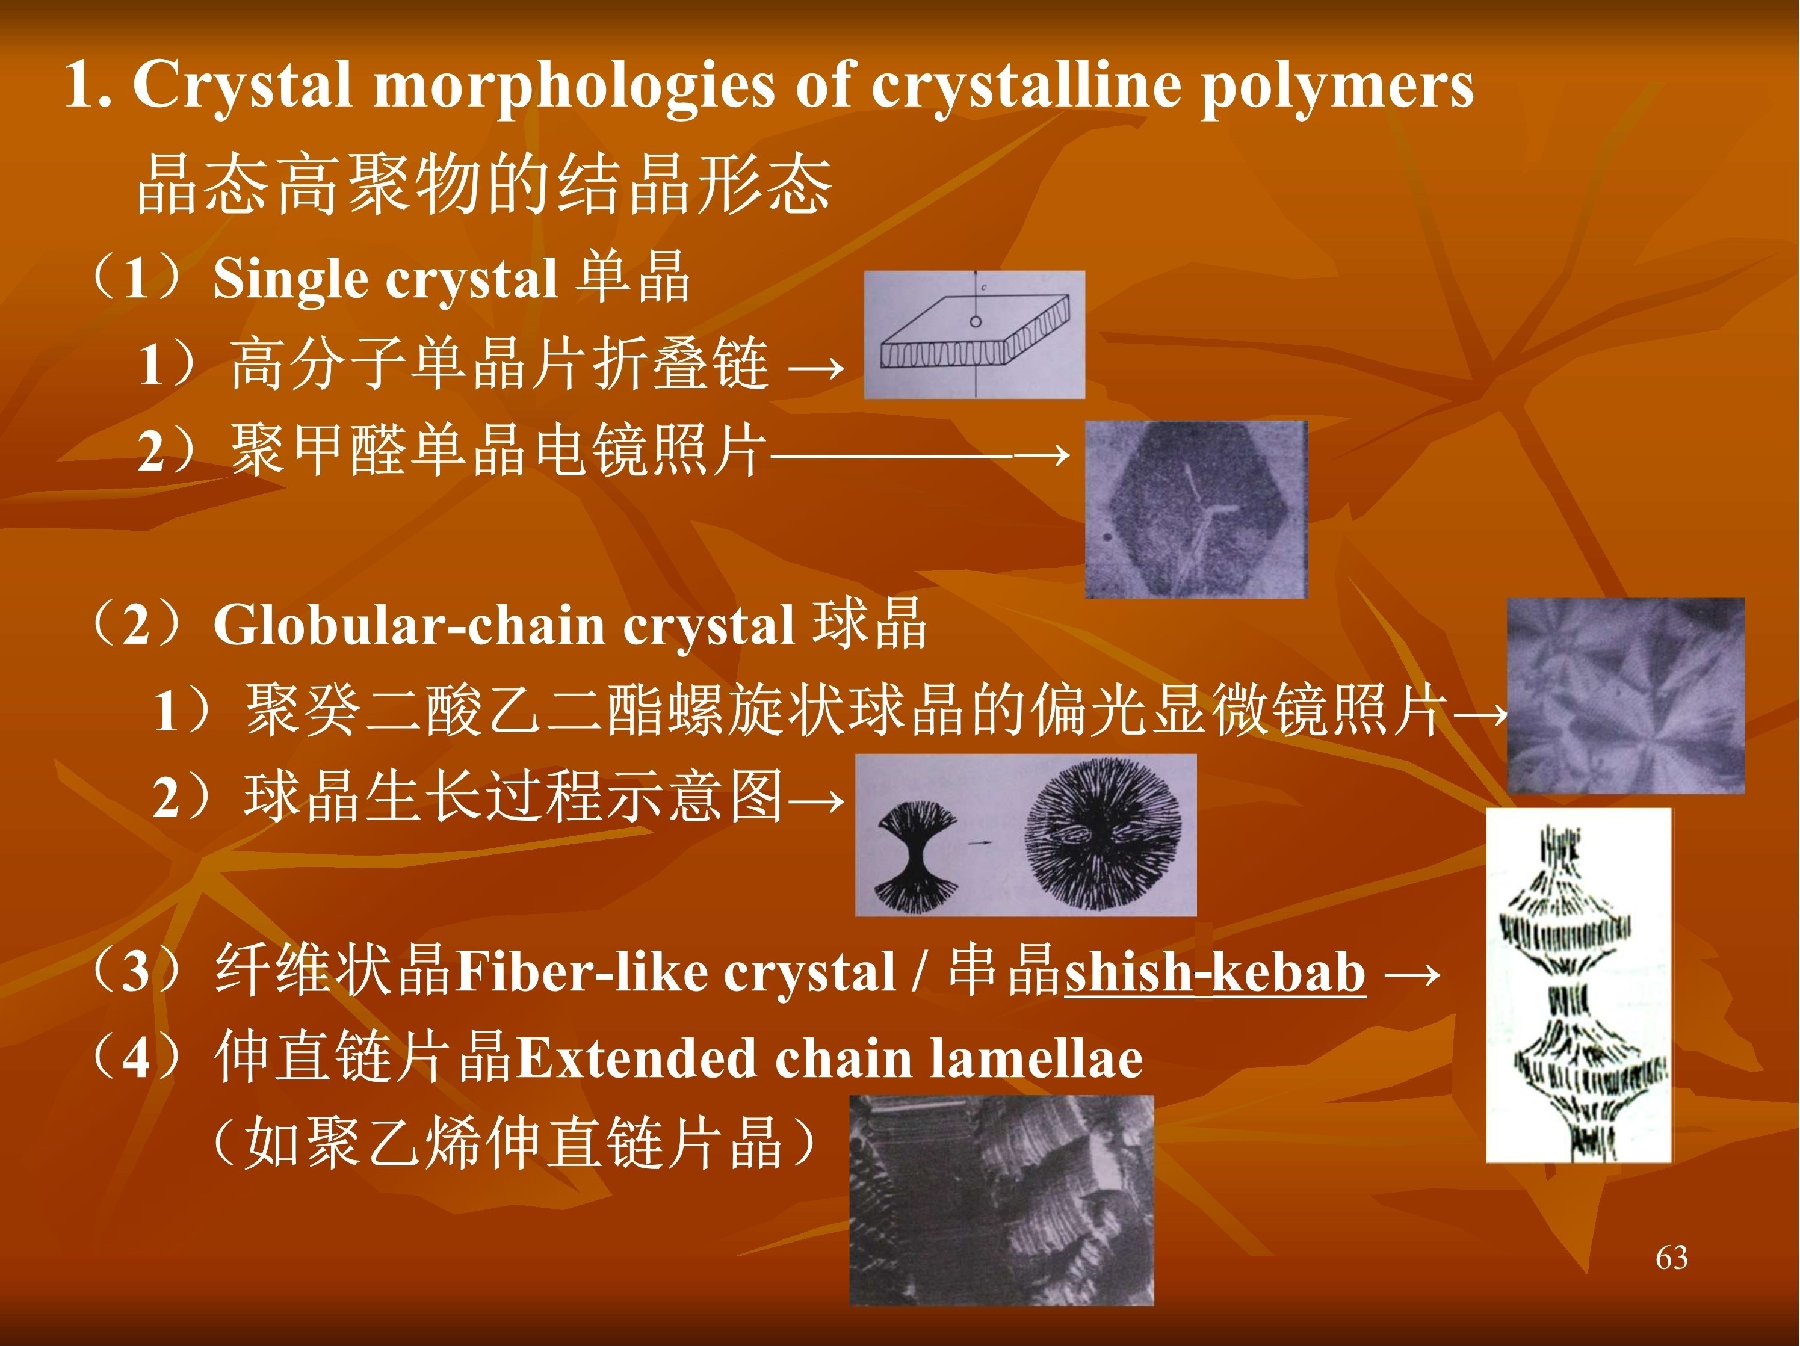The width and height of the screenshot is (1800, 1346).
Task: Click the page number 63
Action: tap(1671, 1258)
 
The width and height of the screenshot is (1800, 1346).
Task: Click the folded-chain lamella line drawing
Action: tap(974, 335)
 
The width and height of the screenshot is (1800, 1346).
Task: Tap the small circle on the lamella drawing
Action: tap(975, 321)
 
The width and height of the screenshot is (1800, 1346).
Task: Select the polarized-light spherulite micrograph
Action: tap(1626, 696)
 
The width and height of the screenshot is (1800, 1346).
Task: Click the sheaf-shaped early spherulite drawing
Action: tap(917, 856)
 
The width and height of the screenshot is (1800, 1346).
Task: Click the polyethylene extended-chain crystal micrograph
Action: tap(1002, 1200)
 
